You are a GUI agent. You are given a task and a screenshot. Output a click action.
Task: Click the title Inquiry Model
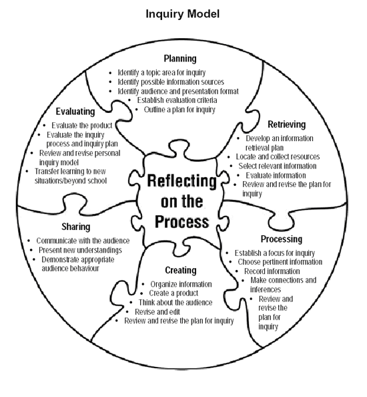coord(182,13)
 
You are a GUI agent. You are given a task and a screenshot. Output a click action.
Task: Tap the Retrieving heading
coord(286,125)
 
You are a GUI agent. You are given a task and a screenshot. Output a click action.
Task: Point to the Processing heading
coord(281,239)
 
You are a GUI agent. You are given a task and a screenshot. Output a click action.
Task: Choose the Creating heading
coord(180,270)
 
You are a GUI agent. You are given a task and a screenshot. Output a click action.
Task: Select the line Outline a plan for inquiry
coord(178,109)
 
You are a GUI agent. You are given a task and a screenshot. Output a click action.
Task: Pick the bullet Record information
coord(275,271)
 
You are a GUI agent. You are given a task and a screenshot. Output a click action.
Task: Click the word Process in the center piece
coord(181,221)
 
